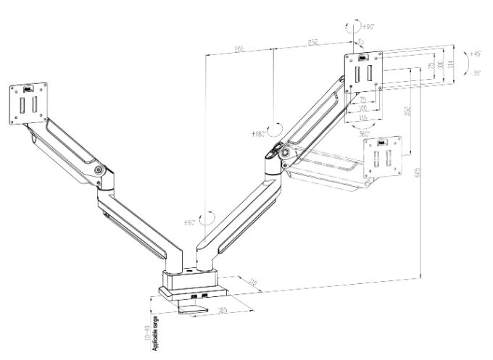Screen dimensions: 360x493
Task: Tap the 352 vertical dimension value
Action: pos(407,112)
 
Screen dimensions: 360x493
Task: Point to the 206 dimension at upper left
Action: pos(239,48)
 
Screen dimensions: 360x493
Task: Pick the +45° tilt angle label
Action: pos(475,54)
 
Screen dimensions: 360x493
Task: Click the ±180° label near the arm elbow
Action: pos(258,134)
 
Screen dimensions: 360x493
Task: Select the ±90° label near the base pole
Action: pos(191,222)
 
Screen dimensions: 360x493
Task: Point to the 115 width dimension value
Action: pos(363,118)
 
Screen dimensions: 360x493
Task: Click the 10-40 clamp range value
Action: pos(146,335)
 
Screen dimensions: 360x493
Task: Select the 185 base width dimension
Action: pos(223,311)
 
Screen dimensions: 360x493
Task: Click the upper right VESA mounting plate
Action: pos(363,72)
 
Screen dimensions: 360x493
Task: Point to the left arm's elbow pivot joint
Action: pos(98,171)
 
